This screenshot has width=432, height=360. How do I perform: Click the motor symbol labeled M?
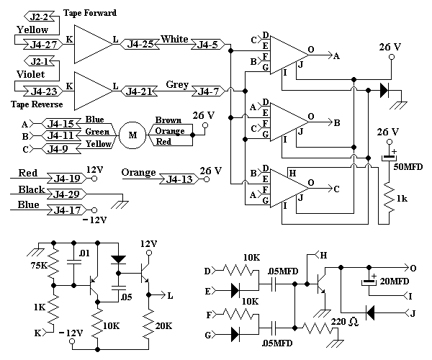click(x=132, y=135)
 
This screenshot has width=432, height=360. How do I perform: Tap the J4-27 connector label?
click(x=43, y=45)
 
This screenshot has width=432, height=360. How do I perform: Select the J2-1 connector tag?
click(x=39, y=61)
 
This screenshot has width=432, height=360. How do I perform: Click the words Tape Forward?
click(x=90, y=13)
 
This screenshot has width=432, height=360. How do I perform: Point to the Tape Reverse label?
click(x=37, y=104)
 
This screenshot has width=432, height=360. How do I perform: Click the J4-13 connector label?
click(x=179, y=179)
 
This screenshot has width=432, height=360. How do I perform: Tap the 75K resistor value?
click(x=39, y=266)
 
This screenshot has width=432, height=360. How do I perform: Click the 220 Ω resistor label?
click(x=345, y=321)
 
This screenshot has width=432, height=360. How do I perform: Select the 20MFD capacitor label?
click(x=395, y=282)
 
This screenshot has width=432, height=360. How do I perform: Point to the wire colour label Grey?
click(x=177, y=84)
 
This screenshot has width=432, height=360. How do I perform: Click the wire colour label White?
click(x=174, y=39)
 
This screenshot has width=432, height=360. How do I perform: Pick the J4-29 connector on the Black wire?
click(x=66, y=194)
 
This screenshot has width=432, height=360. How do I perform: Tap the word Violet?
click(x=30, y=74)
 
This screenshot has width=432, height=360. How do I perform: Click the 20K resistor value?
click(x=163, y=326)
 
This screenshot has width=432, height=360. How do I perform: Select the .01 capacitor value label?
click(x=84, y=253)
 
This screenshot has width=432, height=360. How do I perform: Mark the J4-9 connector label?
click(x=58, y=149)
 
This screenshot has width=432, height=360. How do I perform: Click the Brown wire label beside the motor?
click(x=168, y=120)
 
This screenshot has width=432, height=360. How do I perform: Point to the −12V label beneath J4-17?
click(x=94, y=220)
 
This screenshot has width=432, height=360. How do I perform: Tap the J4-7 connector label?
click(x=208, y=91)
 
